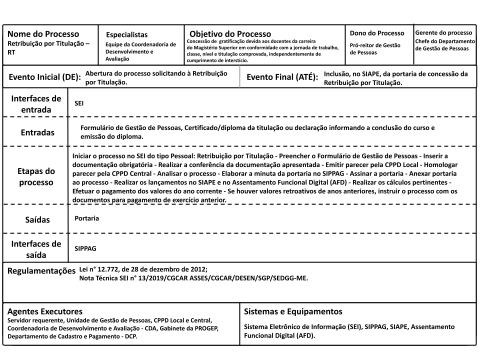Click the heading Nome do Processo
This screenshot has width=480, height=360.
coord(43,34)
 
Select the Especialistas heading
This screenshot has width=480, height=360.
coord(127,34)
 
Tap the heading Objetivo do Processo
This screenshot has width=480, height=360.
coord(230,34)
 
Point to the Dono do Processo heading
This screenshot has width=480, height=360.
coord(377,33)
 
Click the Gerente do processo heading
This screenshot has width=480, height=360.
coord(443,32)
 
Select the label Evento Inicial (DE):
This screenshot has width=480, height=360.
coord(44,77)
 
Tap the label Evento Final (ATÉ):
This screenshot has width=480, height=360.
coord(282,77)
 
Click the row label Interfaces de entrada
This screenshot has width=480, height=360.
coord(36,104)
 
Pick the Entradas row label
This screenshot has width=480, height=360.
coord(37,132)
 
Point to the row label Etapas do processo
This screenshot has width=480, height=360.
coord(36,176)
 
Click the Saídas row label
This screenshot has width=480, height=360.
coord(38,219)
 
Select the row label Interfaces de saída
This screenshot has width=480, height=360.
coord(36,249)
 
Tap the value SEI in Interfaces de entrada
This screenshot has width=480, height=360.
coord(78,102)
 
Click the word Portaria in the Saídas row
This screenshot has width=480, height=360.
coord(86,218)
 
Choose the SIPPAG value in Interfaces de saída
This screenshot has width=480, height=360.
coord(85,247)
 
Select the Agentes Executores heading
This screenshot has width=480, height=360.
coord(44,311)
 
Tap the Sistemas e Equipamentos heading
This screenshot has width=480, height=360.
coord(293,311)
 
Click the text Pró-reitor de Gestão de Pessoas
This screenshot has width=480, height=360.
coord(375,48)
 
